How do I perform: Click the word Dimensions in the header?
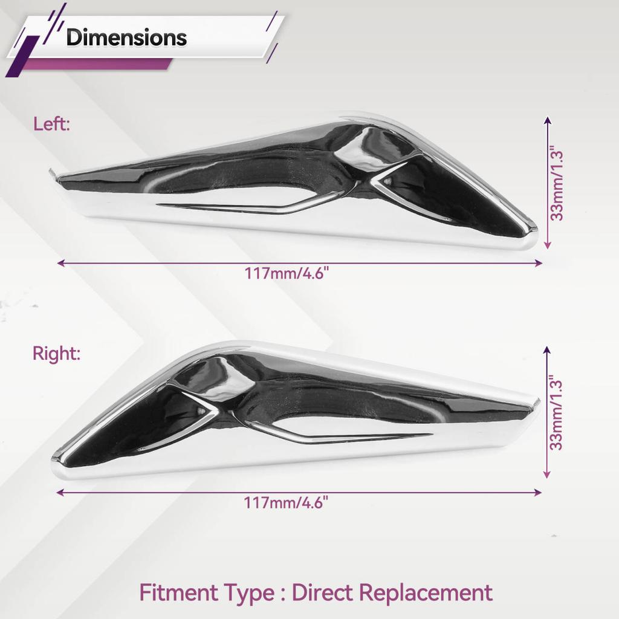126,38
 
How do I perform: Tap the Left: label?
51,124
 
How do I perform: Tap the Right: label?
56,353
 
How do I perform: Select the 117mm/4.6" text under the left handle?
287,273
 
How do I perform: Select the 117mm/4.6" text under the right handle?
286,503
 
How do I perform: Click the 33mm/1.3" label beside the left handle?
557,185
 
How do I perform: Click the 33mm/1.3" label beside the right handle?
556,415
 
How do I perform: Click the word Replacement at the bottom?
426,594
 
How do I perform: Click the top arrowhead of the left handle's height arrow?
547,120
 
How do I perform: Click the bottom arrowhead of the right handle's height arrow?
546,475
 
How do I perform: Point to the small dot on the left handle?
387,181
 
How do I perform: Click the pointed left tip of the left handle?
51,171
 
